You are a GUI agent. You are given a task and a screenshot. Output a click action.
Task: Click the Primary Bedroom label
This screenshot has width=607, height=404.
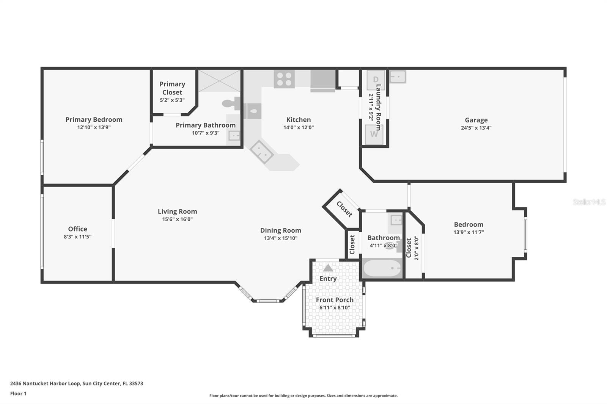94,119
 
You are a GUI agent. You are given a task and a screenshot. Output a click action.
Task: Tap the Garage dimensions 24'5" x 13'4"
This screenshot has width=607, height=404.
476,128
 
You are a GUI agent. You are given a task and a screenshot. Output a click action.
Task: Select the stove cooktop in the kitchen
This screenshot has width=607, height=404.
284,79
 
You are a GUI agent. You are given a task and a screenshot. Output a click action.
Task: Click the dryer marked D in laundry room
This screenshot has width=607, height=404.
375,80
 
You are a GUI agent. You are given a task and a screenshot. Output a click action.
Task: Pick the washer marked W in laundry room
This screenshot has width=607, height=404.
374,135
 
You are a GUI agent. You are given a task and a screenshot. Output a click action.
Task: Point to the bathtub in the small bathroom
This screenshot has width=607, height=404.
382,268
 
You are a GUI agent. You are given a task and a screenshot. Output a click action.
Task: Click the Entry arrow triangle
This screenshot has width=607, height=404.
328,268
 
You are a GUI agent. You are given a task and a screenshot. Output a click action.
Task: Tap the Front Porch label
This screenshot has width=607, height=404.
335,300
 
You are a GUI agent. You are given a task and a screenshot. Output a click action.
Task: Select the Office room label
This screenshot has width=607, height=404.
77,229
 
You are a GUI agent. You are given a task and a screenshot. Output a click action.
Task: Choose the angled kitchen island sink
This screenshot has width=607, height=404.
262,152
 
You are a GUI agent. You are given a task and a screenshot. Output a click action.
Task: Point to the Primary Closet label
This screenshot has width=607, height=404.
172,88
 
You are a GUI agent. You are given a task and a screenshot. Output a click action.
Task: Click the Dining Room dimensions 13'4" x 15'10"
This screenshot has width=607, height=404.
281,238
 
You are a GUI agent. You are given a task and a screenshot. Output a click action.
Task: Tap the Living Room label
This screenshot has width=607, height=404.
177,211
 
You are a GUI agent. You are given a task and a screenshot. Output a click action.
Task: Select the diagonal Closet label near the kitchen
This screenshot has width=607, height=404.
344,209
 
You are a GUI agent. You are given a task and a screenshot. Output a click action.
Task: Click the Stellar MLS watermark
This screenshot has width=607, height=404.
589,202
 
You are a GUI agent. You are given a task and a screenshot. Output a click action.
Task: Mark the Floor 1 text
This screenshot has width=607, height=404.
18,393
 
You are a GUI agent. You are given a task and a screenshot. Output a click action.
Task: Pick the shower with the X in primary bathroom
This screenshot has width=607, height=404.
219,80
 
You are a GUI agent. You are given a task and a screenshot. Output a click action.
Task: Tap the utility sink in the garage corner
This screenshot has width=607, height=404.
398,76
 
